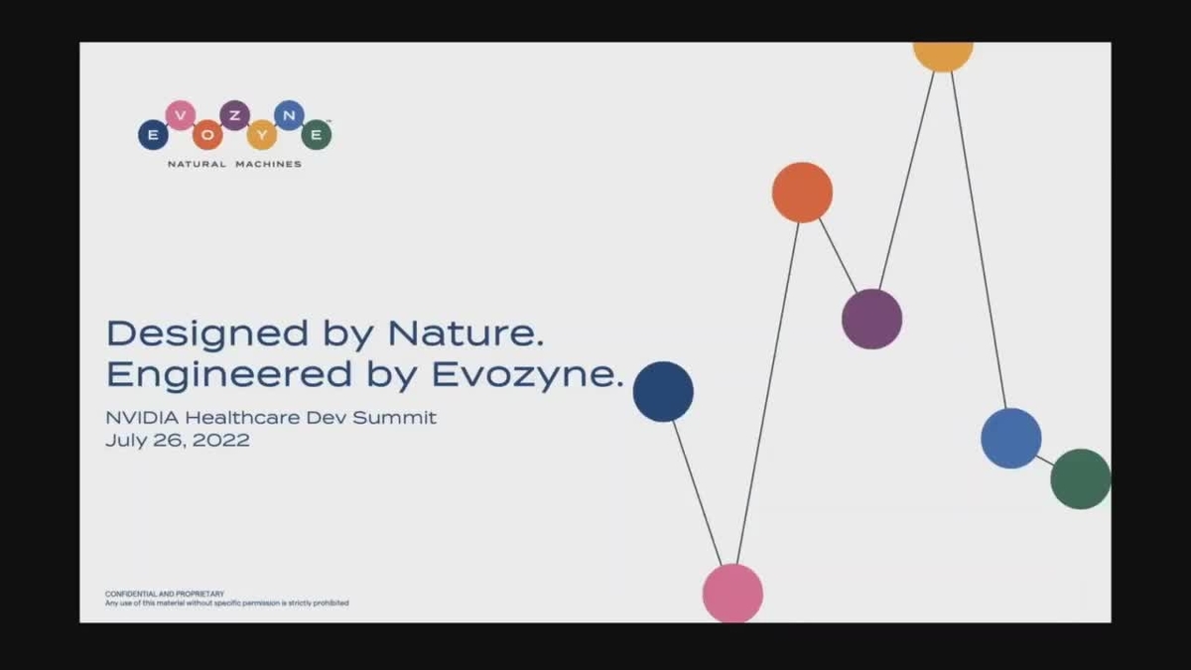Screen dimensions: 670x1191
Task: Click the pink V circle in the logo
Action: point(180,115)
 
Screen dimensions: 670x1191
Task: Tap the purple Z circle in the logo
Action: point(234,115)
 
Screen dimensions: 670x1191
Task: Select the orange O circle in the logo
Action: point(207,134)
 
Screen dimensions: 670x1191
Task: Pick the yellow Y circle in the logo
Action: point(261,134)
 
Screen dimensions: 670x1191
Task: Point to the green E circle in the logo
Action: point(316,134)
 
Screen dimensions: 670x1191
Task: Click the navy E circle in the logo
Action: point(153,134)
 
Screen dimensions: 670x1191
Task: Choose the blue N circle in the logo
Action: point(288,115)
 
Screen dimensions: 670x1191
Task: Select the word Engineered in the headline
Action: point(229,375)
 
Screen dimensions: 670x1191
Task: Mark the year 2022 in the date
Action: point(222,440)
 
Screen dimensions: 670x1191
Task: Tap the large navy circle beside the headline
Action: point(663,391)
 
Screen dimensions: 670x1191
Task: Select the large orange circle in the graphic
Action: point(802,193)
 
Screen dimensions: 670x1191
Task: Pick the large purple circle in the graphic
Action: point(871,319)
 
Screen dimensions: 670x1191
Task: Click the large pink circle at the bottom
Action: point(732,594)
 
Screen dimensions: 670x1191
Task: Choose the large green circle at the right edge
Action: point(1080,478)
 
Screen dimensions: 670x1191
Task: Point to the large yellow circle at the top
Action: point(942,54)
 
